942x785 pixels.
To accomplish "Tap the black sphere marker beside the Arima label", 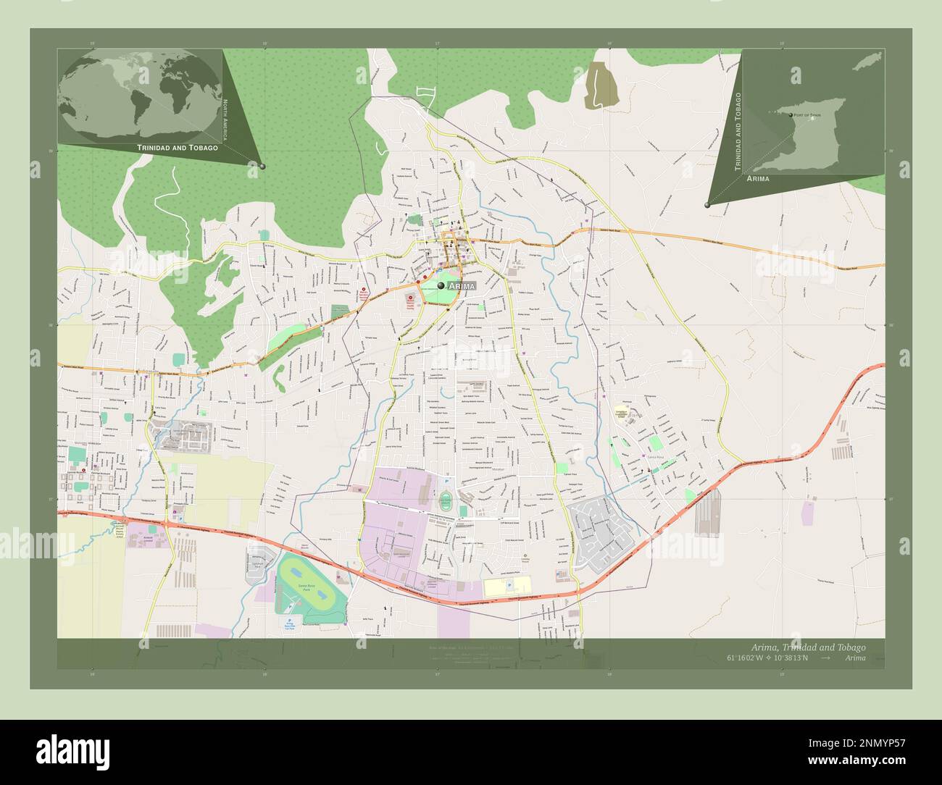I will [x=441, y=286].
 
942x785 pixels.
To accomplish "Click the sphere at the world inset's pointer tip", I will [x=262, y=167].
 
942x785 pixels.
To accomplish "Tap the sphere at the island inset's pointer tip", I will [x=706, y=205].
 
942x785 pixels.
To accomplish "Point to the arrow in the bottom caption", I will [x=826, y=658].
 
